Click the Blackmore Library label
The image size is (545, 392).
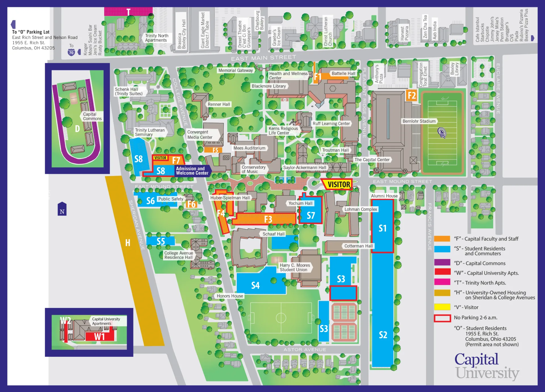pyautogui.click(x=269, y=86)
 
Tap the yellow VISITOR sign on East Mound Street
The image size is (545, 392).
pyautogui.click(x=339, y=185)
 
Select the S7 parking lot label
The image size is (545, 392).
pyautogui.click(x=311, y=216)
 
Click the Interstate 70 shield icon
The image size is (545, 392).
pyautogui.click(x=71, y=53)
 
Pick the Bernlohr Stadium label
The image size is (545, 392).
pyautogui.click(x=419, y=121)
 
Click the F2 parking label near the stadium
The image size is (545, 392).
pyautogui.click(x=412, y=96)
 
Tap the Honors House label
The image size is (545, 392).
pyautogui.click(x=230, y=296)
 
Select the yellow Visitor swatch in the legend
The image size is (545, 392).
pyautogui.click(x=442, y=307)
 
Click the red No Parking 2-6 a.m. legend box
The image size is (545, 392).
pyautogui.click(x=442, y=318)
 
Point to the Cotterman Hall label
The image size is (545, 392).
pyautogui.click(x=358, y=246)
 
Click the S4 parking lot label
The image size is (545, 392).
pyautogui.click(x=255, y=285)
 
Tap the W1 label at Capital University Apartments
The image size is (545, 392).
pyautogui.click(x=99, y=337)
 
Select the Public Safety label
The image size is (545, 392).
pyautogui.click(x=171, y=199)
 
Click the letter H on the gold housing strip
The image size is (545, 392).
pyautogui.click(x=128, y=243)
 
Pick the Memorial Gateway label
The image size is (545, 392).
pyautogui.click(x=235, y=70)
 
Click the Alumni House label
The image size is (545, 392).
pyautogui.click(x=384, y=196)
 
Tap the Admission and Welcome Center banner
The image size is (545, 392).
pyautogui.click(x=192, y=171)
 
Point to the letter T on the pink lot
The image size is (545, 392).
pyautogui.click(x=128, y=12)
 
